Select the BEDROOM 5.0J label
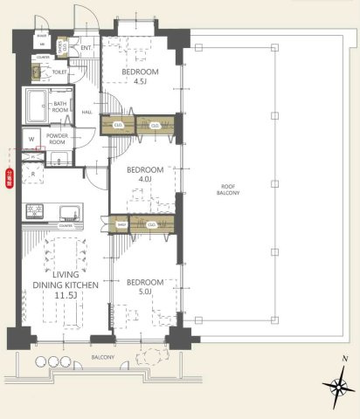pos(144,287)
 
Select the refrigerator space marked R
pos(32,175)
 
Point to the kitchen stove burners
pos(37,210)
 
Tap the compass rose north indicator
pos(336,387)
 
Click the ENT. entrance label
pos(86,48)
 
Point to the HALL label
pos(87,112)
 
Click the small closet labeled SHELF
pos(121,224)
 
